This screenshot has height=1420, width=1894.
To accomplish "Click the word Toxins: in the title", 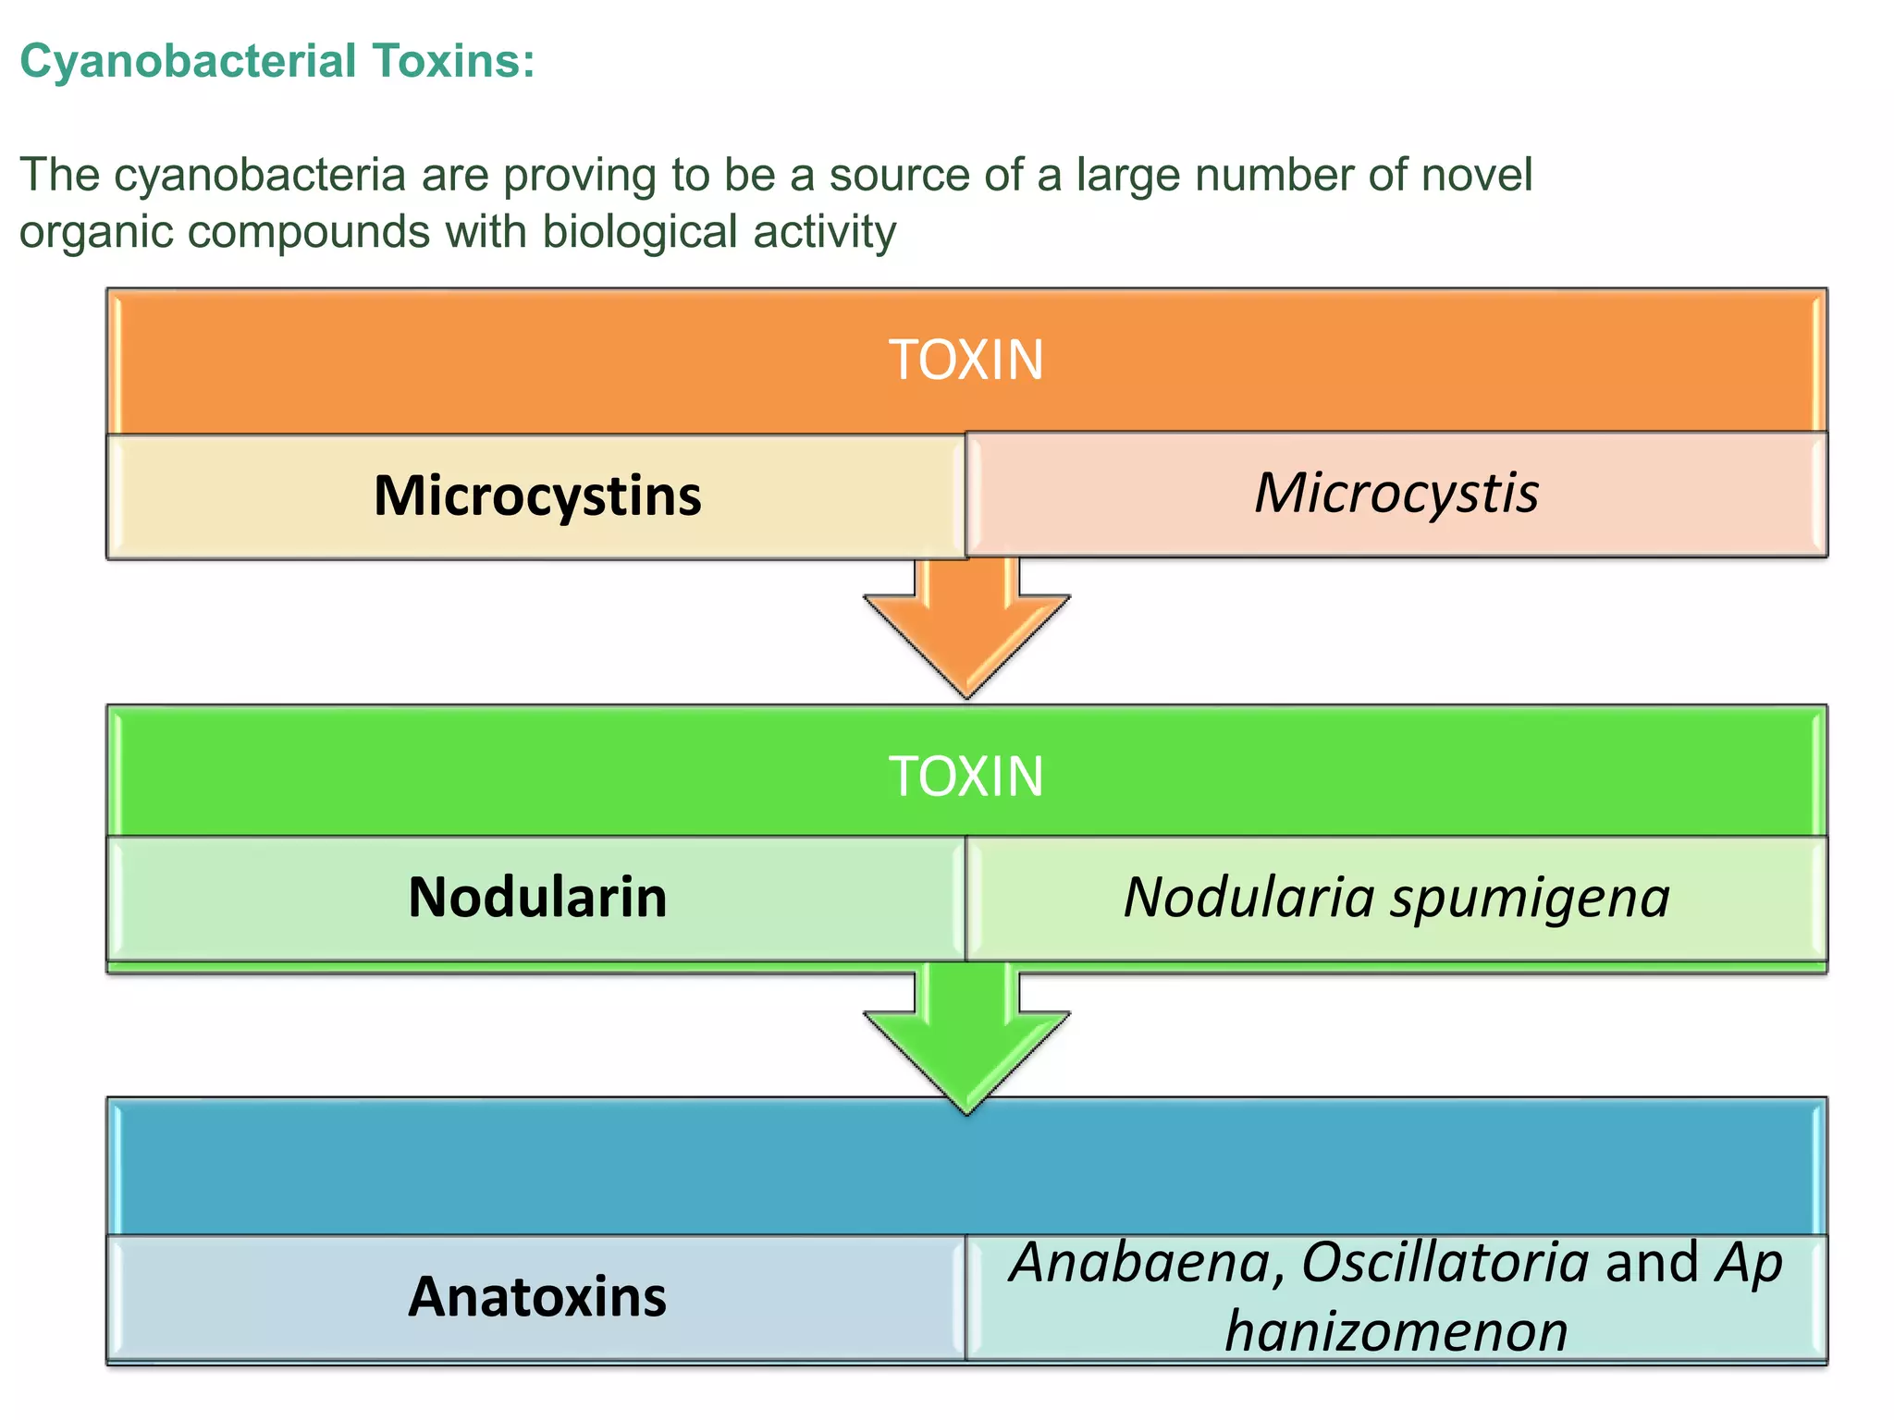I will (x=454, y=62).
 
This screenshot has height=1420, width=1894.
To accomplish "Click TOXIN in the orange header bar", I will (x=965, y=360).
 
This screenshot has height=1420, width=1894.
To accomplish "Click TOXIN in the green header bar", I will (x=965, y=776).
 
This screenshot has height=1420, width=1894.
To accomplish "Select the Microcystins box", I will (x=536, y=496).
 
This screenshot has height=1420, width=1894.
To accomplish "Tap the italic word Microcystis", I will (x=1396, y=493).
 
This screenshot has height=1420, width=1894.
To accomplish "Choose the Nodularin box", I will (x=536, y=898).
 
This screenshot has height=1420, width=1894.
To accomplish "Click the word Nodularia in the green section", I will (x=1248, y=897).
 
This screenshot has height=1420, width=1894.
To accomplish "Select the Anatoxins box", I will (x=536, y=1297).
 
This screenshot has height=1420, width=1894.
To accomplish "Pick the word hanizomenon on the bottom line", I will (x=1396, y=1332).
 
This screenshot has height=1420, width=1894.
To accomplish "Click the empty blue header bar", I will (x=965, y=1168).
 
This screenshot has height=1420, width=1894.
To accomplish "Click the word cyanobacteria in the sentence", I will (x=260, y=175).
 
